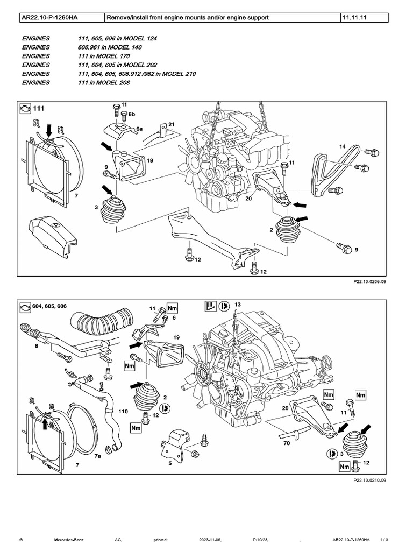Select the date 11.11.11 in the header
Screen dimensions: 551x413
[x=353, y=18]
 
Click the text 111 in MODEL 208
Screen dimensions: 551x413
[x=104, y=83]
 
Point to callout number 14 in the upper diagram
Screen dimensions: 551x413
[x=342, y=146]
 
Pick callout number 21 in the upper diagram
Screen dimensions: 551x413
[x=172, y=124]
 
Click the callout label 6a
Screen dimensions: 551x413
[x=139, y=129]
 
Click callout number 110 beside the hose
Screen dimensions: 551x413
[x=123, y=411]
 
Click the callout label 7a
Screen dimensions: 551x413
[x=98, y=456]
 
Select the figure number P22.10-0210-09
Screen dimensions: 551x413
[x=366, y=479]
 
